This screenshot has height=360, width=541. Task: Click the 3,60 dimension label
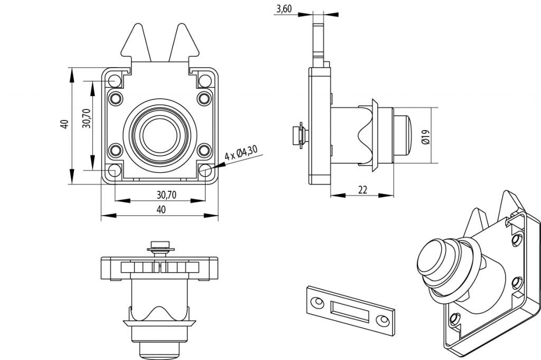(285, 9)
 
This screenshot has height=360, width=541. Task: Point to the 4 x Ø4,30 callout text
(241, 153)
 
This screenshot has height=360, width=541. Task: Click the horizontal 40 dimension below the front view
(161, 209)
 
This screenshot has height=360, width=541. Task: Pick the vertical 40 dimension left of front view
(64, 125)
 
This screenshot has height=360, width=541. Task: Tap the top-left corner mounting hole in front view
(115, 81)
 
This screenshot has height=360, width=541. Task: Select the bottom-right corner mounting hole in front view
(206, 170)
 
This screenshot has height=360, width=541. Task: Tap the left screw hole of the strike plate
(318, 301)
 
